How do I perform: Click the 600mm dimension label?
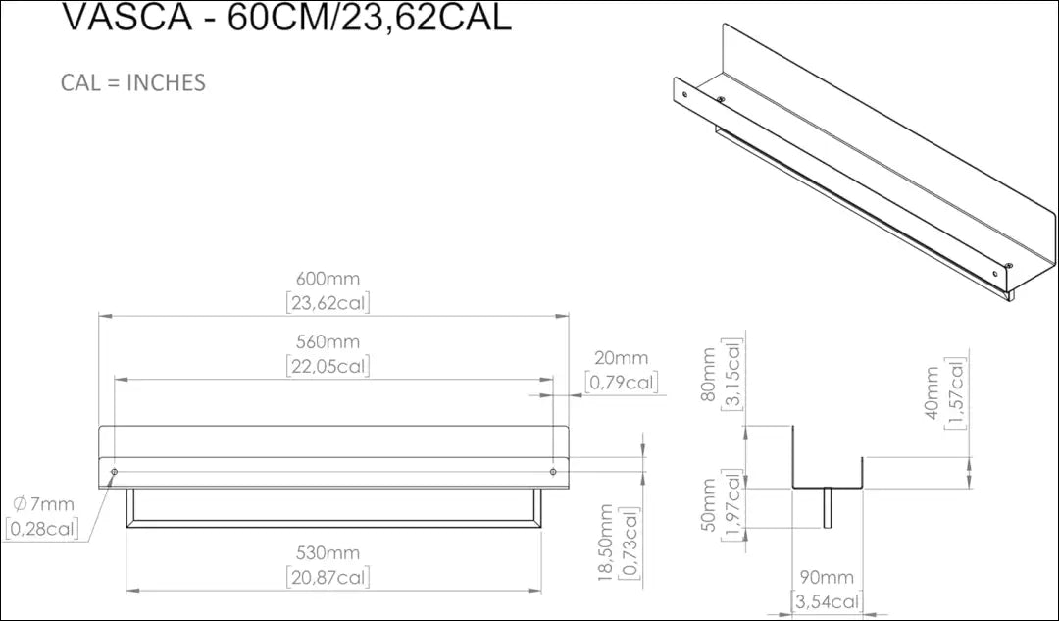tap(328, 279)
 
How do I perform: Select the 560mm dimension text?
tap(328, 341)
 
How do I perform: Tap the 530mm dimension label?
tap(328, 554)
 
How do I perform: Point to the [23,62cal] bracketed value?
tap(328, 303)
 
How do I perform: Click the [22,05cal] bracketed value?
tap(328, 366)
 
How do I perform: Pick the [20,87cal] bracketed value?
tap(328, 578)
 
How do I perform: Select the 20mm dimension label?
tap(621, 358)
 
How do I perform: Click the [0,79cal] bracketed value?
tap(621, 382)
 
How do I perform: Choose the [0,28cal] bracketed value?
tap(41, 529)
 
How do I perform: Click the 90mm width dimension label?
tap(827, 578)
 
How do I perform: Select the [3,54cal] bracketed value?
tap(827, 601)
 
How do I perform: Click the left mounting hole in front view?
tap(115, 473)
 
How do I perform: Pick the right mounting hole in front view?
tap(553, 473)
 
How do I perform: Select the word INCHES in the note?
tap(166, 82)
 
